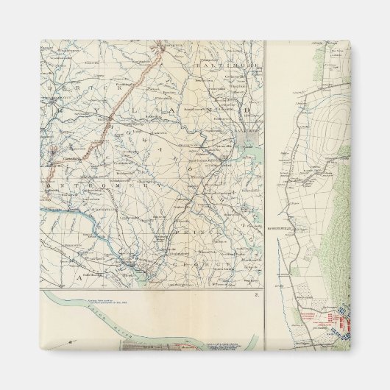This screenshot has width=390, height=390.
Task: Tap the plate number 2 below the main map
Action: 255,294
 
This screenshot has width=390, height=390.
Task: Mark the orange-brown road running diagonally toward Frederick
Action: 110,118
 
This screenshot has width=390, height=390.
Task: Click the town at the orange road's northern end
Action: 164,46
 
